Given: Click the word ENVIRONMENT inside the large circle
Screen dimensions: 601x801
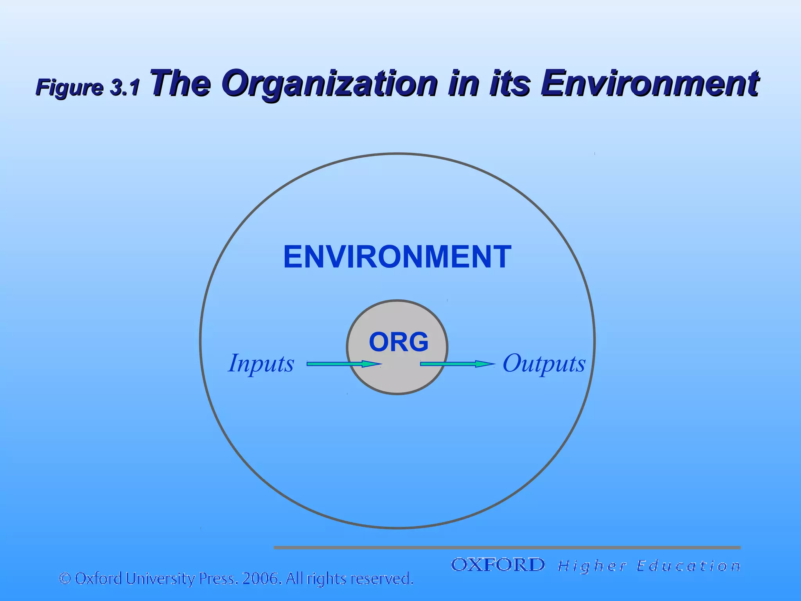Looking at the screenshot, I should pos(397,257).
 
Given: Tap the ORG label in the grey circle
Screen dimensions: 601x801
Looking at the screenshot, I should pos(399,342).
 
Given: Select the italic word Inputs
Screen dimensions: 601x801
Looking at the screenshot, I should pos(261,363).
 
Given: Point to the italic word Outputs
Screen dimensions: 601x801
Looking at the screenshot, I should pos(544,363).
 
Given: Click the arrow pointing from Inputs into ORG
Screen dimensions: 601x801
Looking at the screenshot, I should pos(343,364).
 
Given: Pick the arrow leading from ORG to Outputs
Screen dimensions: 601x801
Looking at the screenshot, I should pos(457,364).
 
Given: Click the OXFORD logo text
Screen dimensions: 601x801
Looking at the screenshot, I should pos(497,565).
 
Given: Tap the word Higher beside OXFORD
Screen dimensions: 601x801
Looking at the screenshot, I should pos(593,566).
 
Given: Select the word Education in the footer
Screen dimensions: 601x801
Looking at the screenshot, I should pos(688,566).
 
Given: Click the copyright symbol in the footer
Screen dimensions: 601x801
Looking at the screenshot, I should pos(65,578).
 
